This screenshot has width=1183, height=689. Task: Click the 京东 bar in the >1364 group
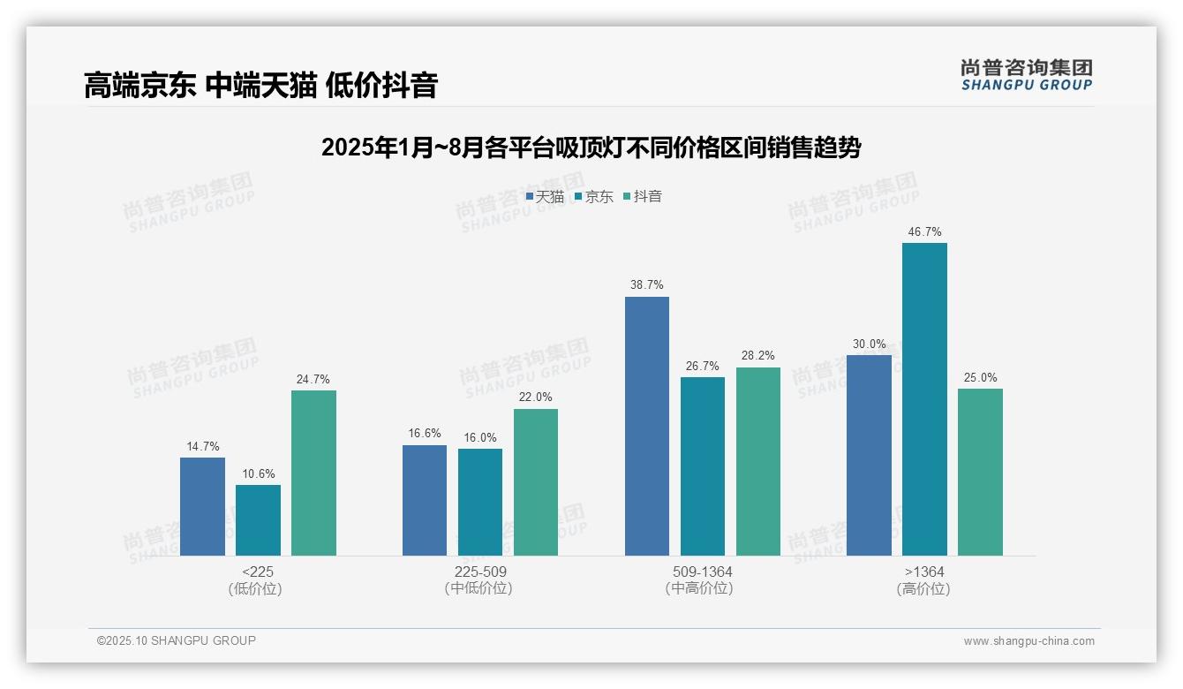point(924,399)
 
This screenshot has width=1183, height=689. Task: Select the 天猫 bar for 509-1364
point(646,426)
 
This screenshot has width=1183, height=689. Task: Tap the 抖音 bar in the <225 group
point(313,473)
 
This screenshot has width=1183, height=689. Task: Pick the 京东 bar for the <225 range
point(258,520)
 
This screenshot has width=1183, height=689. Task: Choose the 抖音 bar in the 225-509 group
point(535,481)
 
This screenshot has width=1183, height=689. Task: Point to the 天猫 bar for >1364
point(869,455)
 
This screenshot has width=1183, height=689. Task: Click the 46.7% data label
point(924,232)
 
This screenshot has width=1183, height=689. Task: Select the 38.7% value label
point(646,285)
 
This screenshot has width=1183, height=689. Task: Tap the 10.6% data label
point(258,473)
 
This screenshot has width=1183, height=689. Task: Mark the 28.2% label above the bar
point(757,356)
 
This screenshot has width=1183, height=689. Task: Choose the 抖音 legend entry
point(643,197)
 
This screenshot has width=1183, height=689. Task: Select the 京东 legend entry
point(593,197)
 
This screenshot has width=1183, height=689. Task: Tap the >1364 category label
point(923,572)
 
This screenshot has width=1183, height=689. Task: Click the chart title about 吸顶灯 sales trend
point(591,148)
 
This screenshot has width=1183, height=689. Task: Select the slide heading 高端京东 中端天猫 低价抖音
point(261,86)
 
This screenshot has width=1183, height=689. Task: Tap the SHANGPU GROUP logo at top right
point(1026,75)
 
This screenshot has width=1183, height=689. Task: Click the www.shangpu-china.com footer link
point(1029,641)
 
